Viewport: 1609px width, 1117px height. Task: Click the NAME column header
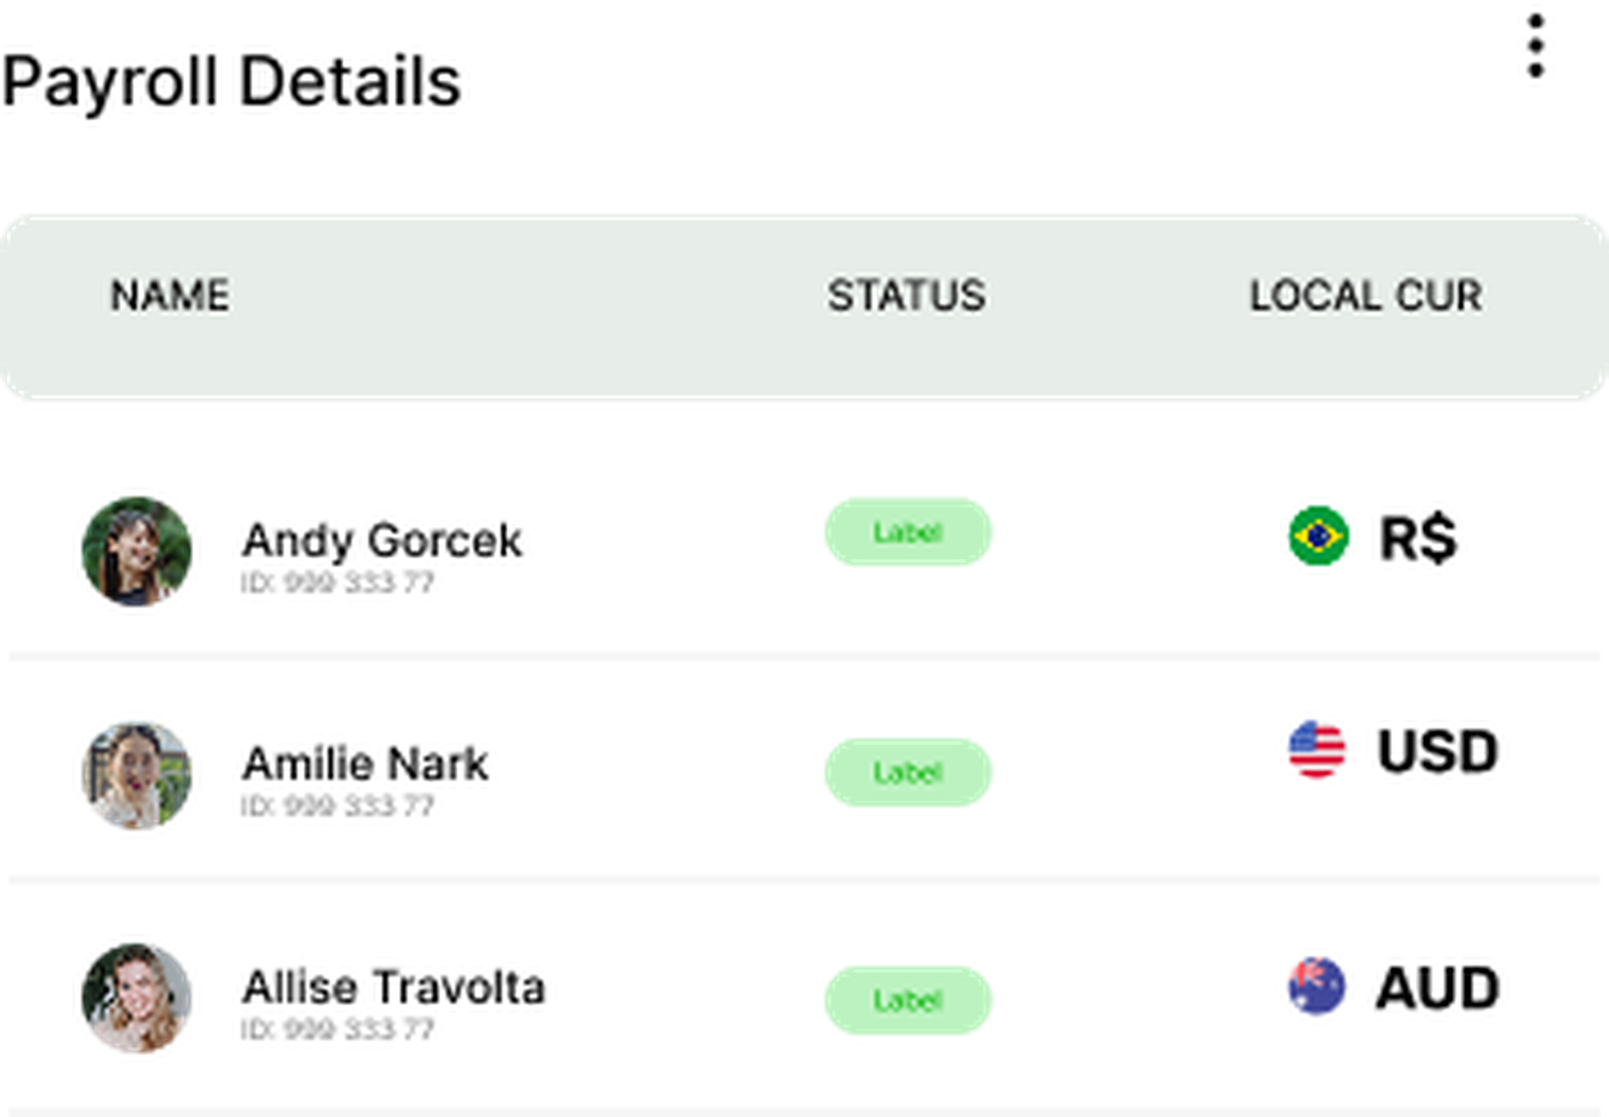click(170, 295)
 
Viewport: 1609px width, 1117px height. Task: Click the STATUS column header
click(907, 295)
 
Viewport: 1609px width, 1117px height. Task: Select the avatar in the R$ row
click(137, 551)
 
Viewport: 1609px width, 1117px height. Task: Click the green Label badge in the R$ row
click(908, 532)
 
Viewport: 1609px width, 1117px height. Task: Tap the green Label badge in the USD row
click(908, 772)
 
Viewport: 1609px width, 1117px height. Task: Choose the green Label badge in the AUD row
click(908, 999)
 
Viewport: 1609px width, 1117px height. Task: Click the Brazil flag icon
click(1318, 535)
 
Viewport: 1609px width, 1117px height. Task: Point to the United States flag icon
click(1317, 749)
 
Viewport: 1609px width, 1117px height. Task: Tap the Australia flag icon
click(1317, 985)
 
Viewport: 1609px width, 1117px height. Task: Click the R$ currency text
click(1418, 537)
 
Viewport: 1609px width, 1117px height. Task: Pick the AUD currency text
click(1438, 987)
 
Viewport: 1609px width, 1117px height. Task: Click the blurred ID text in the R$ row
click(338, 581)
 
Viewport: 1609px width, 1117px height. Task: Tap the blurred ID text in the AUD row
click(338, 1027)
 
